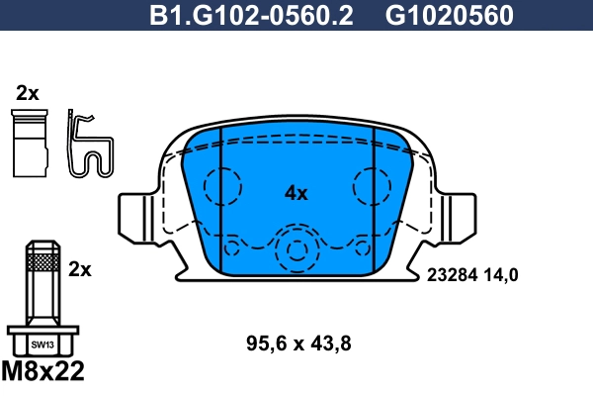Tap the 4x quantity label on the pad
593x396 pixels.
coord(296,193)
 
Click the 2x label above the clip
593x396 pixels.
coord(27,94)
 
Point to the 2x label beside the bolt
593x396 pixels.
coord(80,268)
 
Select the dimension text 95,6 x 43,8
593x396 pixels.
coord(297,345)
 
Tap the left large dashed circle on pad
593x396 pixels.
coord(222,185)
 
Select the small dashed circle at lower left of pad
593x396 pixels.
coord(233,247)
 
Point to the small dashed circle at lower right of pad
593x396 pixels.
coord(360,247)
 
